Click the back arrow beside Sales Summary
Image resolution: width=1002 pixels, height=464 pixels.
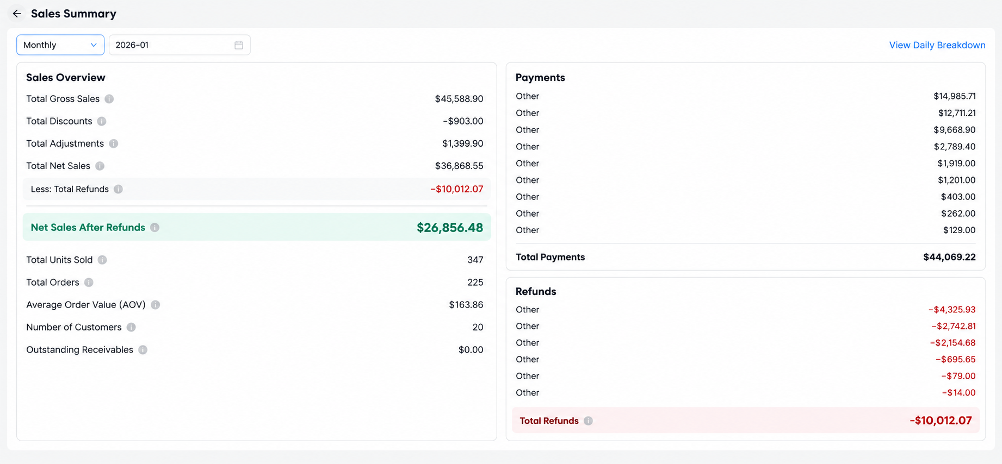17,14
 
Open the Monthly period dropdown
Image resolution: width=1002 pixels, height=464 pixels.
60,45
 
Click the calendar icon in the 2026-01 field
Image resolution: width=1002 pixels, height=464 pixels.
239,45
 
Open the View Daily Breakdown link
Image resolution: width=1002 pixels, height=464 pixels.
937,45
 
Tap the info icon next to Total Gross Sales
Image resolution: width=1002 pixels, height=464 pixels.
109,99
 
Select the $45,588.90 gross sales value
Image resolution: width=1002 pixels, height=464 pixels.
459,99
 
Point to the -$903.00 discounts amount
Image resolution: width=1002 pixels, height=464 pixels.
463,121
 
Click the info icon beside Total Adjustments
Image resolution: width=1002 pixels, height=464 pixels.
114,143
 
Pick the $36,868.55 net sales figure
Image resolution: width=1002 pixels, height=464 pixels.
459,166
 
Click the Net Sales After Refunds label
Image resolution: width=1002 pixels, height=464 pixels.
88,228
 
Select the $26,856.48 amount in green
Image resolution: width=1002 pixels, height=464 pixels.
450,228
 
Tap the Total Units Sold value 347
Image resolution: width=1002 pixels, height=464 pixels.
475,260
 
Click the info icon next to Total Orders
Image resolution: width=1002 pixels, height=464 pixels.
89,283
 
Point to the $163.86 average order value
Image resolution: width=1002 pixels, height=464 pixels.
466,305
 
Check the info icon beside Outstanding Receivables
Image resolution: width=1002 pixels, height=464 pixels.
143,350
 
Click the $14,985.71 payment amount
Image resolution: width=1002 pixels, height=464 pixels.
954,96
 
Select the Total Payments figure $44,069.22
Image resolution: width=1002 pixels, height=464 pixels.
949,257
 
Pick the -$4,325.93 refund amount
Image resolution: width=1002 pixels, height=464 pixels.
951,310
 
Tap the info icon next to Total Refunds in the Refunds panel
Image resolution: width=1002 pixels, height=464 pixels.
588,421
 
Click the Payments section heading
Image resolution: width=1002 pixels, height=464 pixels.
540,78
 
